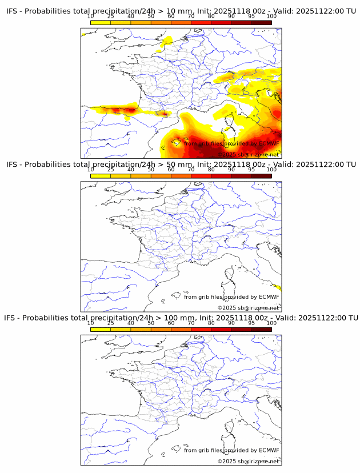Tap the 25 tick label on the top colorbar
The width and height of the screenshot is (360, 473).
click(x=111, y=17)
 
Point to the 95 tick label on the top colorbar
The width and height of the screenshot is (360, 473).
click(x=251, y=17)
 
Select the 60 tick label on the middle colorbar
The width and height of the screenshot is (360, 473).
click(x=171, y=170)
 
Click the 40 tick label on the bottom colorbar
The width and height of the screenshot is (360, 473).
click(x=131, y=323)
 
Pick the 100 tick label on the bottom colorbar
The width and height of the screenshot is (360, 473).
click(x=271, y=323)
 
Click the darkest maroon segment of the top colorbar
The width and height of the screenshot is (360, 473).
click(x=261, y=22)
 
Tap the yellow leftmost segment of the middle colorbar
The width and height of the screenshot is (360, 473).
click(x=101, y=175)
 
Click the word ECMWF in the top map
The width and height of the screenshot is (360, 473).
click(x=269, y=144)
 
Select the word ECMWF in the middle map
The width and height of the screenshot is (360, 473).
click(x=269, y=296)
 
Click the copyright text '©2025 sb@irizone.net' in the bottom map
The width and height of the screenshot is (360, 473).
click(x=248, y=460)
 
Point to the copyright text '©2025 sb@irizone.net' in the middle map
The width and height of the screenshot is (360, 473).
click(x=248, y=307)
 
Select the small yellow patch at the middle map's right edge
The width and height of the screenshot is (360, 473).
click(x=278, y=287)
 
